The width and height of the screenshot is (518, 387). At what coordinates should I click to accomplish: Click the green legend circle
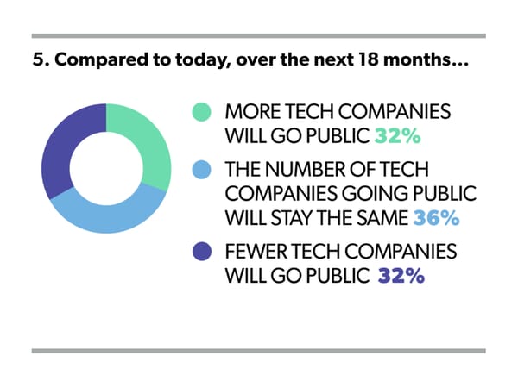[202, 113]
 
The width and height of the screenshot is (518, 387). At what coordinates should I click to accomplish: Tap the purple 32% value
[400, 277]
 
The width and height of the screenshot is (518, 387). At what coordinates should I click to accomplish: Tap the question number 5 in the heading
[36, 63]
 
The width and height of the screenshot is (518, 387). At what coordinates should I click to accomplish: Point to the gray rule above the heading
[258, 35]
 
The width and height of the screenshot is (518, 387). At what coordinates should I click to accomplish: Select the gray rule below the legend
[258, 350]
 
